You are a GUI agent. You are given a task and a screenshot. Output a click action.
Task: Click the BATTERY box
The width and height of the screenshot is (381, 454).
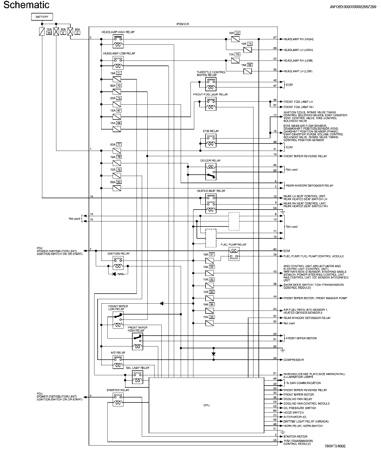point(42,17)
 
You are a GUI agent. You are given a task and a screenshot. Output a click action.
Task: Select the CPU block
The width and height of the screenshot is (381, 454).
point(206,405)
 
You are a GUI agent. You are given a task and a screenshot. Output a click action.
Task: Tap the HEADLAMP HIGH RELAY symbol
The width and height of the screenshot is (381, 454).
point(118,41)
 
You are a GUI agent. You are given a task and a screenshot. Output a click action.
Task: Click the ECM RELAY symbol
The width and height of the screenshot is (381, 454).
point(211,141)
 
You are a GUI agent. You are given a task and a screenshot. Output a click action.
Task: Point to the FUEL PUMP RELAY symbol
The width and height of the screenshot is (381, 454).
point(234,254)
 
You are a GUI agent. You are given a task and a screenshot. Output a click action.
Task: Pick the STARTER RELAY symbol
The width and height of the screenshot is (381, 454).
point(118,399)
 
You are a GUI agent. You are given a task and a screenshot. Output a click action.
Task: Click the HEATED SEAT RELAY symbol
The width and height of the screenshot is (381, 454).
point(211,203)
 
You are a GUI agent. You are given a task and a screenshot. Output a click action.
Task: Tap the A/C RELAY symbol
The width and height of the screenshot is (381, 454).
point(118,362)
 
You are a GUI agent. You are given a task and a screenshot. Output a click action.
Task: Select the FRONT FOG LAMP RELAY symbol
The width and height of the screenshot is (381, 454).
point(211,104)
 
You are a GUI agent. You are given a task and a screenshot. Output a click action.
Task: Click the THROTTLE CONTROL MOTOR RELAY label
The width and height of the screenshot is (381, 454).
point(211,73)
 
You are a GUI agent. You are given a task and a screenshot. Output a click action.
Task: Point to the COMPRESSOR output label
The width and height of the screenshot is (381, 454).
point(293,360)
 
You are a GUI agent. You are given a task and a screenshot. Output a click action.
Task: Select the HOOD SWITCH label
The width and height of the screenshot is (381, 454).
point(294,413)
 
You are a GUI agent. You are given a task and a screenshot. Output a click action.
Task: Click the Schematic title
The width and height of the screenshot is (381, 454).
point(26,5)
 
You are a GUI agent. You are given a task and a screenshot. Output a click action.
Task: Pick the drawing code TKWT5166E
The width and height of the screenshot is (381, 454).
point(335,446)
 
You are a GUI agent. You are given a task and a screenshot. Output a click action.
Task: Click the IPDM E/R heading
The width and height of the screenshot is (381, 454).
point(183,24)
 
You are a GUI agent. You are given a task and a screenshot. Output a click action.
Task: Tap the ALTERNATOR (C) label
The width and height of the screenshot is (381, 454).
point(295,417)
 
